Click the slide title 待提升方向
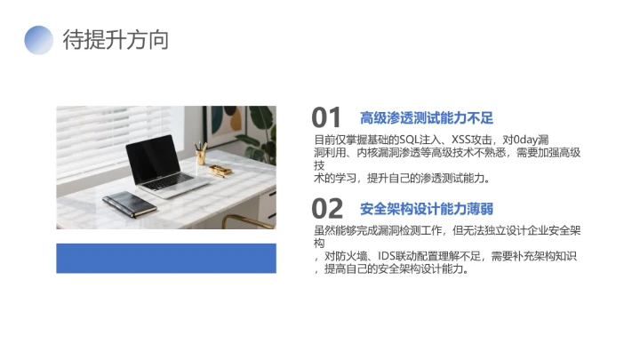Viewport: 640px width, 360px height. [116, 40]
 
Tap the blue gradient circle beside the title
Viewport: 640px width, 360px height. [39, 40]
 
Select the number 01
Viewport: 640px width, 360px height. [327, 117]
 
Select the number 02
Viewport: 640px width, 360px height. [327, 209]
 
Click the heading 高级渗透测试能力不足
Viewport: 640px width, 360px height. [426, 117]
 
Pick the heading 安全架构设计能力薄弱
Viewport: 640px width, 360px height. [426, 209]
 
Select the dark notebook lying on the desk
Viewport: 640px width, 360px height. [129, 204]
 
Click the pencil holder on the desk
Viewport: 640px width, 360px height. [201, 156]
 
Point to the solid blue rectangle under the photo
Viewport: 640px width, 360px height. [166, 258]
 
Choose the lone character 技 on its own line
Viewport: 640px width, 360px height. [318, 165]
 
